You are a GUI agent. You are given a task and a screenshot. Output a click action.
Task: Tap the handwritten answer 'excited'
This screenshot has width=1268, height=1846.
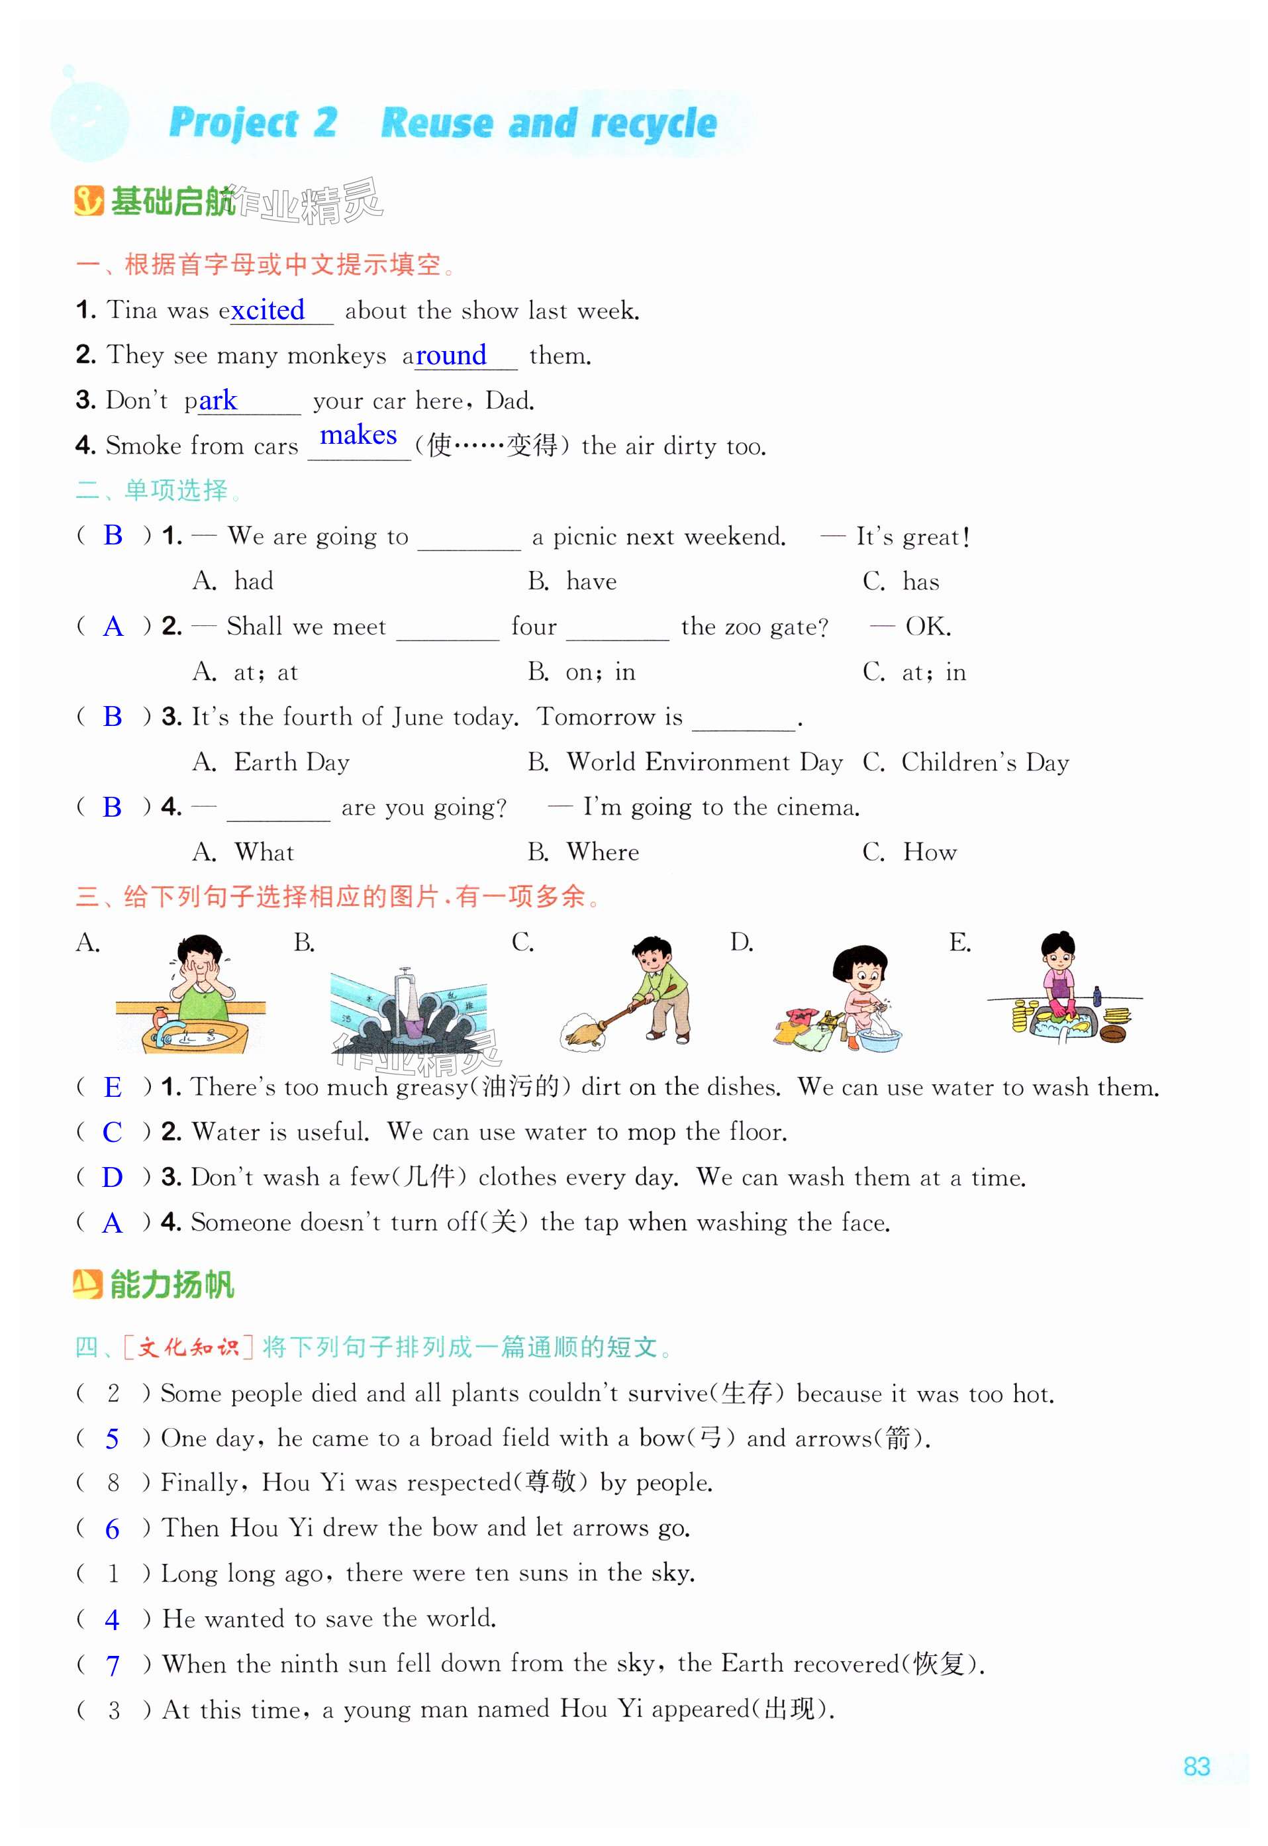point(268,310)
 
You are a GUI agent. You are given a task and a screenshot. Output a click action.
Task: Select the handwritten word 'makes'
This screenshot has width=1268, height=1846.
point(358,435)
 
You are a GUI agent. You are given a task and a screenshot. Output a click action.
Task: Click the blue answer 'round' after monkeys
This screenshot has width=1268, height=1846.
point(450,355)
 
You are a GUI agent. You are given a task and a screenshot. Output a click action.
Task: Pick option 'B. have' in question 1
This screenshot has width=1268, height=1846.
point(572,581)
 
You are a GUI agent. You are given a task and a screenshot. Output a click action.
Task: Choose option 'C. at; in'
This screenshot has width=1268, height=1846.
point(914,672)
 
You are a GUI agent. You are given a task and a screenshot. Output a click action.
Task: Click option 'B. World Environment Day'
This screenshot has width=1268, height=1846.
point(685,762)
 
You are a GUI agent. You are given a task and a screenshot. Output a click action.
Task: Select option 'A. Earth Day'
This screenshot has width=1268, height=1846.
point(271,762)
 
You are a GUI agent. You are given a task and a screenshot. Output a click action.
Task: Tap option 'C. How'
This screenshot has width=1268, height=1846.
point(910,852)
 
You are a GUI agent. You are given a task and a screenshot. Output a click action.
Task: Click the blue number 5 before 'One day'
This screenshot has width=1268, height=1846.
point(112,1439)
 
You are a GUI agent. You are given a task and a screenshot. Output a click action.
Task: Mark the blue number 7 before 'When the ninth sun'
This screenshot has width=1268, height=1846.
point(113,1665)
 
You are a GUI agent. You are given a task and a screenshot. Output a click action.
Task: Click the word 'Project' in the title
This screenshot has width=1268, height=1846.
point(234,123)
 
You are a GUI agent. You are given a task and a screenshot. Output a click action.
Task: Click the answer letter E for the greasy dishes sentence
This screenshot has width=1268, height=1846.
point(113,1087)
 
